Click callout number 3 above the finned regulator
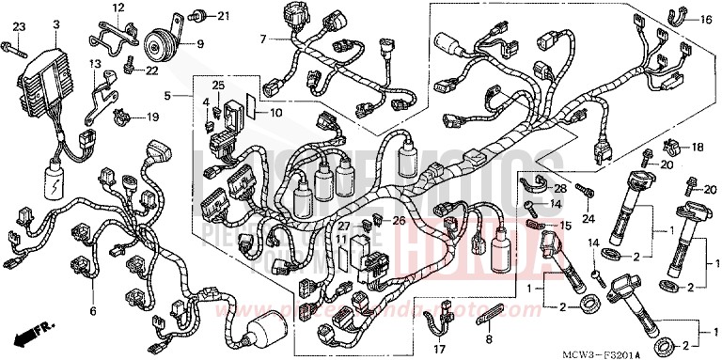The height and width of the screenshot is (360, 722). point(56,23)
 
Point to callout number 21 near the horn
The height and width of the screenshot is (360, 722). point(223,16)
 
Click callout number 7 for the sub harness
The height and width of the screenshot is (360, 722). point(264,39)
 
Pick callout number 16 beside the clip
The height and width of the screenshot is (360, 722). point(706,19)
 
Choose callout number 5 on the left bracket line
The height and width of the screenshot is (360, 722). point(166,95)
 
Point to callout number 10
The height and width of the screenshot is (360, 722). point(275,113)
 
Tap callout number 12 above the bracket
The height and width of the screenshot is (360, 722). point(118,8)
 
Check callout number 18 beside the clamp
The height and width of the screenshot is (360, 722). point(698,148)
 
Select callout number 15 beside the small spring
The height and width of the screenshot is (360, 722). point(565,226)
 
